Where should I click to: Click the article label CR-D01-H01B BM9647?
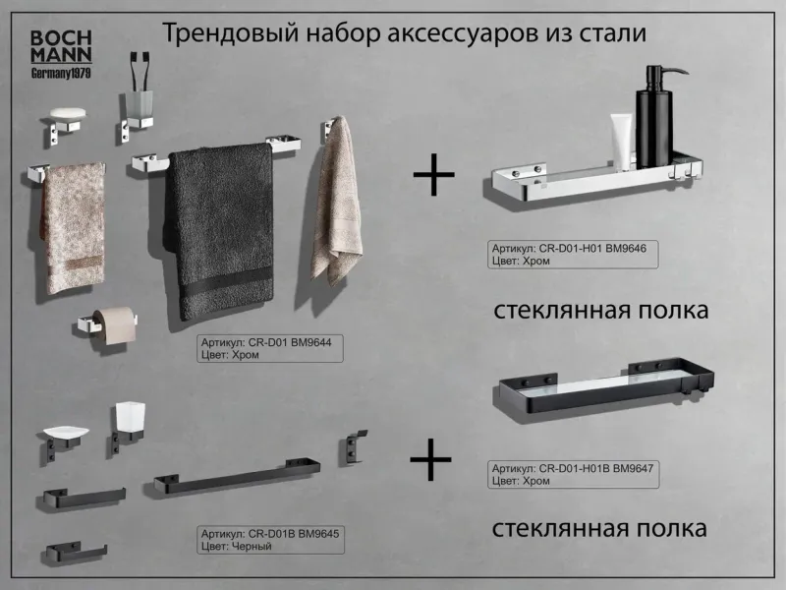click(x=573, y=476)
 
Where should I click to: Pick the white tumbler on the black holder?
click(x=128, y=421)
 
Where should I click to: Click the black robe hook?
click(x=351, y=446)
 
